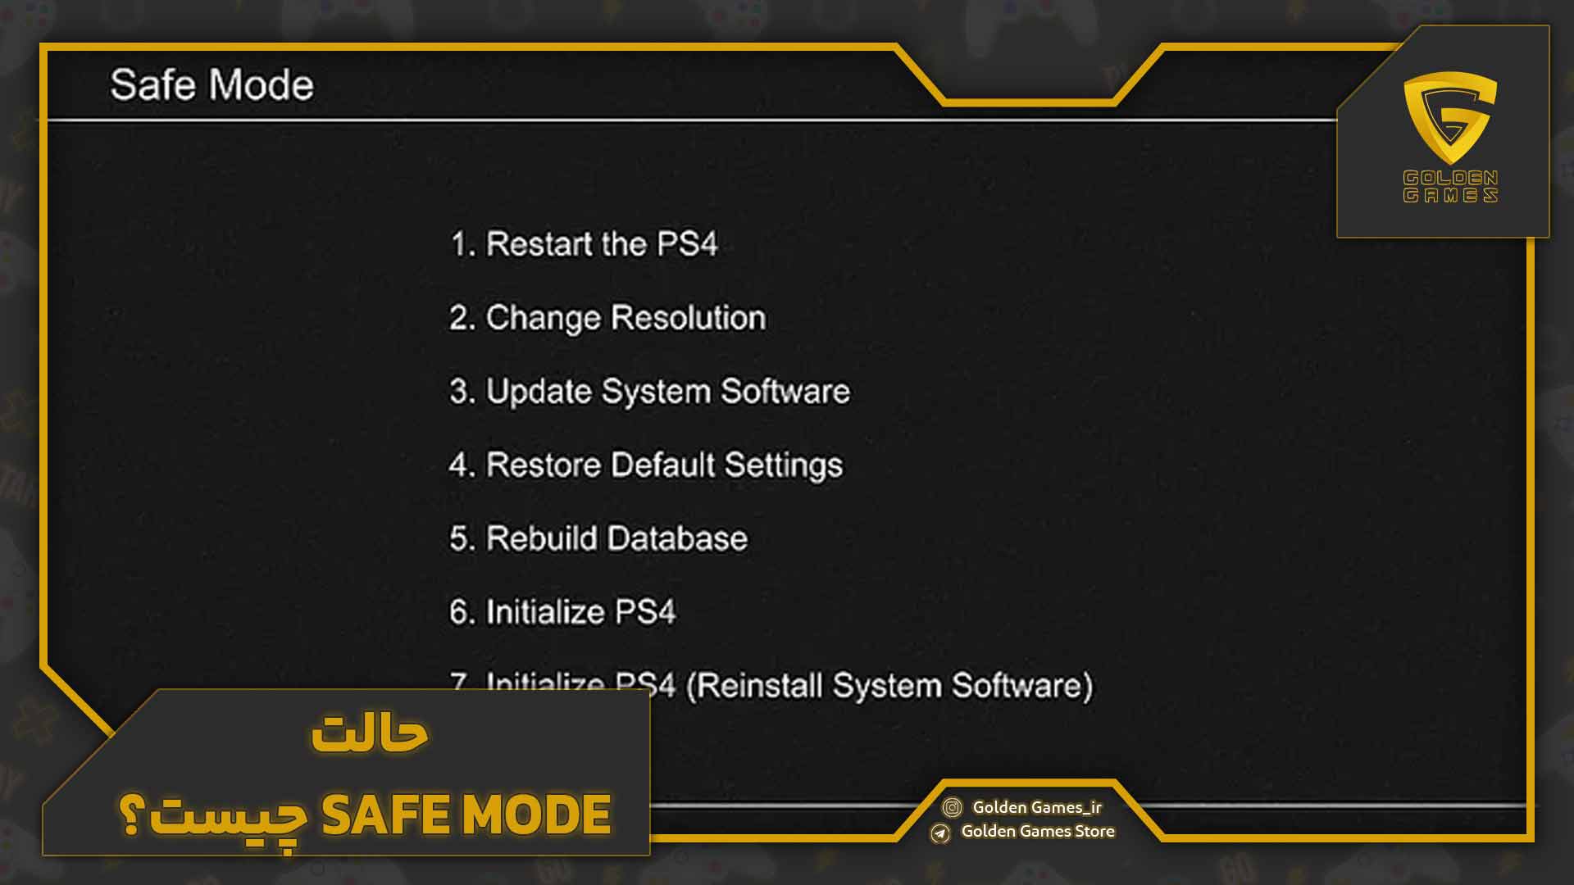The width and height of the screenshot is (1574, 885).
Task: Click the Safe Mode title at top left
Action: click(x=212, y=84)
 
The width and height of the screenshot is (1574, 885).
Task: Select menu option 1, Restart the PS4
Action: click(x=584, y=243)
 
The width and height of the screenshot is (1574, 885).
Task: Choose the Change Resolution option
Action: click(x=607, y=317)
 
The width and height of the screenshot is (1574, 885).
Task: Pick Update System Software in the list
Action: click(x=649, y=391)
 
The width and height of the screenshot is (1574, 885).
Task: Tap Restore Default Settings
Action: click(x=645, y=465)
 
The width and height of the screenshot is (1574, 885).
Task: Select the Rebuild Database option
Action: click(x=598, y=538)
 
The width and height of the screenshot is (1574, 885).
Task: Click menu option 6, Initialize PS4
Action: click(x=562, y=612)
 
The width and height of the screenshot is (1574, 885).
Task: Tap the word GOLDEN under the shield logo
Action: click(x=1450, y=178)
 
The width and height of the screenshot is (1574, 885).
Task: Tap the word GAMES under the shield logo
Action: click(x=1450, y=195)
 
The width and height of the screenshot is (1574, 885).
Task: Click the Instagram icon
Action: click(x=952, y=808)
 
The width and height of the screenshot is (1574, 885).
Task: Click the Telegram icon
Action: click(x=940, y=833)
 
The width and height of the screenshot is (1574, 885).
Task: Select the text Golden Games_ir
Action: click(x=1037, y=807)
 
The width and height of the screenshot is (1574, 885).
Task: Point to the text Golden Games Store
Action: click(x=1038, y=831)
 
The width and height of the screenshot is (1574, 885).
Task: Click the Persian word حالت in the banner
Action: click(x=371, y=733)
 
